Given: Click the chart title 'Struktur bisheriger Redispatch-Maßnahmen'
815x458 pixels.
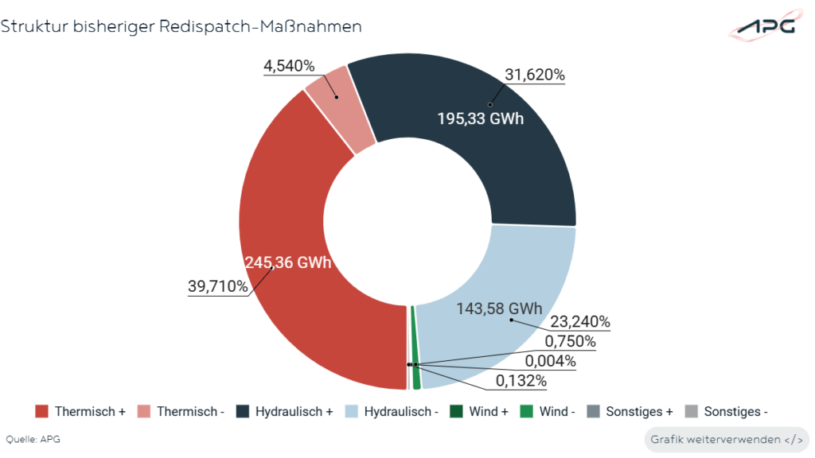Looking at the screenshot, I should pyautogui.click(x=181, y=26).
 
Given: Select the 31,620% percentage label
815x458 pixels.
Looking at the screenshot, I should pyautogui.click(x=535, y=76).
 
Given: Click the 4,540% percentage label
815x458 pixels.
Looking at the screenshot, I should pyautogui.click(x=289, y=66).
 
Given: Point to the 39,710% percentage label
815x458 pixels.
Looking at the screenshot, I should pyautogui.click(x=218, y=286).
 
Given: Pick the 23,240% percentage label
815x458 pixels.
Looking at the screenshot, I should pyautogui.click(x=579, y=322).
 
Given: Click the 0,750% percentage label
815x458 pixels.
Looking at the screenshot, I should pyautogui.click(x=570, y=342).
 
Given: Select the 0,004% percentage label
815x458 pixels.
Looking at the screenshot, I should pyautogui.click(x=548, y=361).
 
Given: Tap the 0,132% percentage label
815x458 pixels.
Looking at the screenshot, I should pyautogui.click(x=521, y=381).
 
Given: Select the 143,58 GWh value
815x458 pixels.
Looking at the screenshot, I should pyautogui.click(x=499, y=309).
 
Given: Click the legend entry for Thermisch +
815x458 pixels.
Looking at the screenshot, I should pyautogui.click(x=81, y=412).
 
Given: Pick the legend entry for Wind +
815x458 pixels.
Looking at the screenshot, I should pyautogui.click(x=479, y=412).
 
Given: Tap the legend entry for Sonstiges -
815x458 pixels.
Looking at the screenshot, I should pyautogui.click(x=726, y=412).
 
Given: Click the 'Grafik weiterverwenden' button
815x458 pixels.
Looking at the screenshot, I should pyautogui.click(x=725, y=439).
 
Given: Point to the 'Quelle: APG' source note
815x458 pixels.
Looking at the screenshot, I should pyautogui.click(x=33, y=439).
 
